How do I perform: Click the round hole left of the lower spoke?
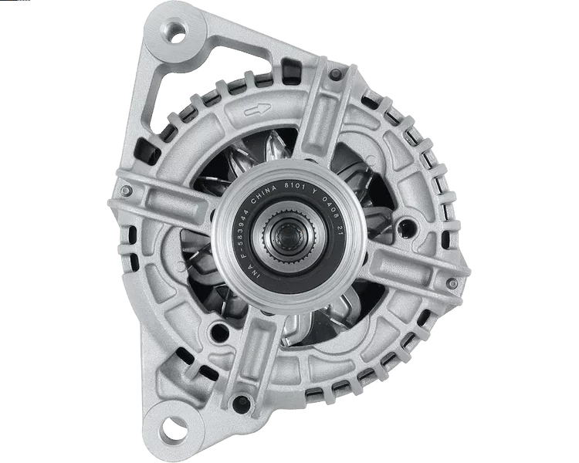(220, 331)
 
